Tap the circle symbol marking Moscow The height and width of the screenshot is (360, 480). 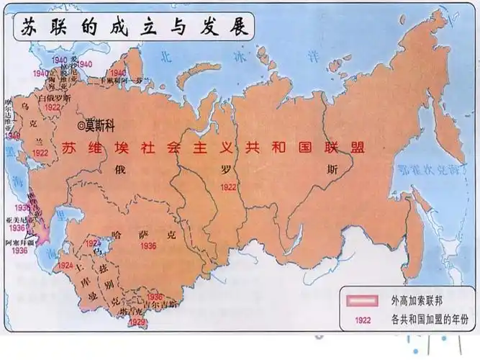81,123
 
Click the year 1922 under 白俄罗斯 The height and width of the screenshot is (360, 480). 53,107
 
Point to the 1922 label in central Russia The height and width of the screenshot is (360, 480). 228,186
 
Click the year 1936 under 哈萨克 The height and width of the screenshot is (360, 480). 149,246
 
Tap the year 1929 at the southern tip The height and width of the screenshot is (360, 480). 137,323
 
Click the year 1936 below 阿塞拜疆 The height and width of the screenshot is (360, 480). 20,251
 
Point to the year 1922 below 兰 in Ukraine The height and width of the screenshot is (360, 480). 40,153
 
